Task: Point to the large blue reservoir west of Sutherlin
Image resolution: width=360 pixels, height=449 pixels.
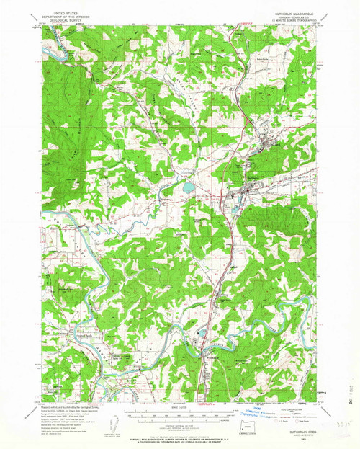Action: click(188, 187)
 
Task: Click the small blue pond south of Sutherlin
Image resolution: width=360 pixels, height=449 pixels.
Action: click(233, 210)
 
